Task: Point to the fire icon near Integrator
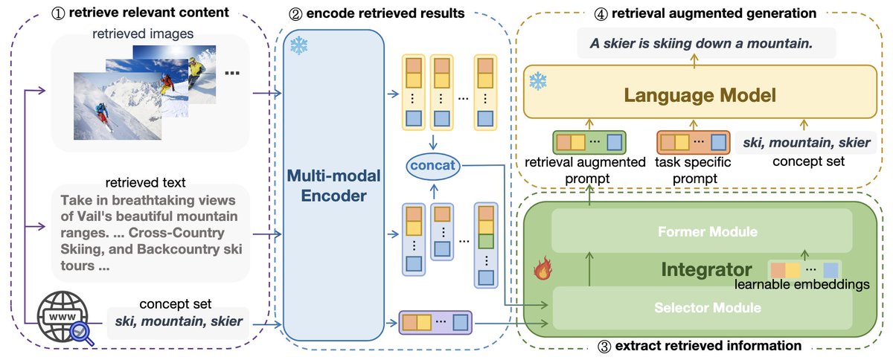click(x=541, y=270)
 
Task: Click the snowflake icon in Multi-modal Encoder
click(x=299, y=46)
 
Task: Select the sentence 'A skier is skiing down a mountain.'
click(x=700, y=44)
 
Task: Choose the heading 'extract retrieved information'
click(x=703, y=346)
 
